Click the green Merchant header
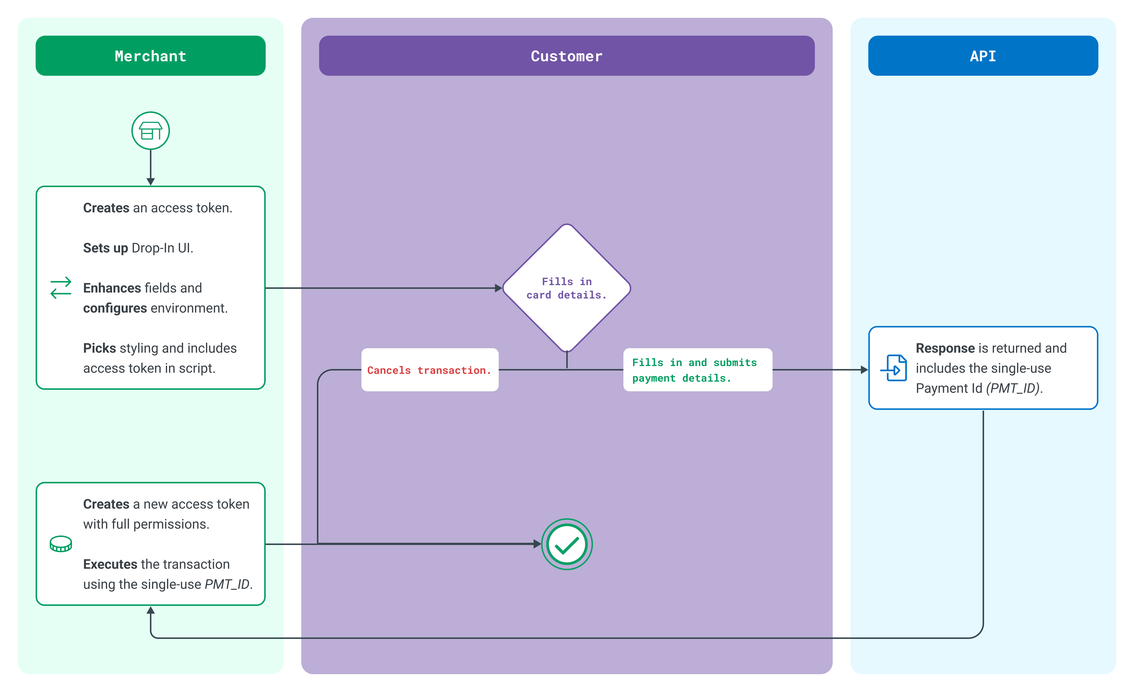click(x=150, y=56)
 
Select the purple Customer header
click(x=567, y=56)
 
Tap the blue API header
click(x=983, y=56)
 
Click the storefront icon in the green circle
click(x=150, y=131)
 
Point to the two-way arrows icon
click(x=61, y=288)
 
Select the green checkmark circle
click(x=567, y=544)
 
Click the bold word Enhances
click(x=112, y=288)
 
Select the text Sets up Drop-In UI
click(x=138, y=248)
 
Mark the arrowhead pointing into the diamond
click(x=498, y=288)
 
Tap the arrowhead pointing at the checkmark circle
click(x=537, y=544)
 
